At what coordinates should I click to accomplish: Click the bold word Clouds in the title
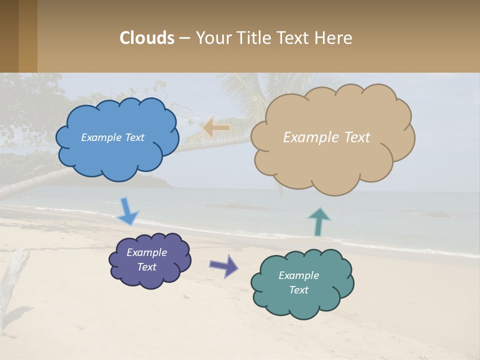(147, 38)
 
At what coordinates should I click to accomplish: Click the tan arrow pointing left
(216, 128)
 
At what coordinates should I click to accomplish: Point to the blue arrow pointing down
(127, 211)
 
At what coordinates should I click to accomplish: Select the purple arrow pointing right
(223, 265)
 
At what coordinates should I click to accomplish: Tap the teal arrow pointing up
(319, 221)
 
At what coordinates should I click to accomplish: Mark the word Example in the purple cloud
(146, 252)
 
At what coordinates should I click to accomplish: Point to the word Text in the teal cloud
(298, 290)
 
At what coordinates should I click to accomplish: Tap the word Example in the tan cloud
(311, 137)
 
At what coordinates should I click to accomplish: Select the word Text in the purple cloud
(146, 267)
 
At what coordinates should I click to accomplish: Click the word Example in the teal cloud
(298, 275)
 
